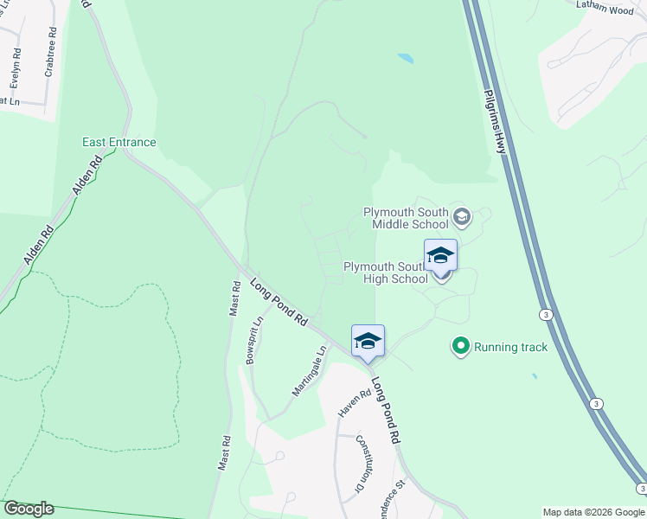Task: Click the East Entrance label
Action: (119, 142)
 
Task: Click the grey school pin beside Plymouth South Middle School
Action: (461, 216)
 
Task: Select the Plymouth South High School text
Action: (386, 272)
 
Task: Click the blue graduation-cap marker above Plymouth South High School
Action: (440, 255)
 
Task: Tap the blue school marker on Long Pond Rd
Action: (368, 341)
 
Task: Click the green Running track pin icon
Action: (460, 347)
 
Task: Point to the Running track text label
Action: (511, 347)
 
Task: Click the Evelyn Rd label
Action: (15, 69)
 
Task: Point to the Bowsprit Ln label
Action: (255, 340)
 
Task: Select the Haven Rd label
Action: (348, 403)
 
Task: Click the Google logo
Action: (29, 509)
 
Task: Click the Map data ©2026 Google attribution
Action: (593, 512)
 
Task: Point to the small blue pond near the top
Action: (405, 59)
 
